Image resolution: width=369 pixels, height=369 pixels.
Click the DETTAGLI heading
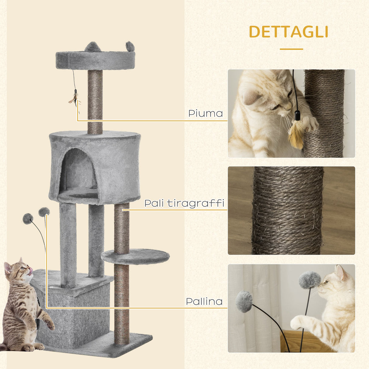point(288,32)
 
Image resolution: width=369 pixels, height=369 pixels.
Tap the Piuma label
point(205,113)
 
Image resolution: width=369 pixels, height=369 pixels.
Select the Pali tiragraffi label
point(184,203)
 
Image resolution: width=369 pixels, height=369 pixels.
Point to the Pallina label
point(204,301)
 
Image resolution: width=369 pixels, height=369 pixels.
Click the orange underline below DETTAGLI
point(291,49)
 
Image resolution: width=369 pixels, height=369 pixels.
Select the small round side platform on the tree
point(135,257)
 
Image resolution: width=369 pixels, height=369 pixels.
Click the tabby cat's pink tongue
point(30,270)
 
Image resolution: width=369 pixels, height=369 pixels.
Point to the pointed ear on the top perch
point(91,47)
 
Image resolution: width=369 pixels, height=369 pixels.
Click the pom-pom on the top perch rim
point(130,46)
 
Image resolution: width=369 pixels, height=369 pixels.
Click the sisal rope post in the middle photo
point(288,210)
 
